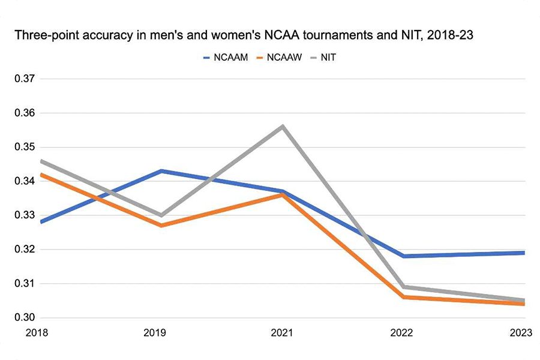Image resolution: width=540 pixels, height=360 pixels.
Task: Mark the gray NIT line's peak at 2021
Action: click(282, 126)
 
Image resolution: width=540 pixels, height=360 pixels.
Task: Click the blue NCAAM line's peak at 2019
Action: click(161, 171)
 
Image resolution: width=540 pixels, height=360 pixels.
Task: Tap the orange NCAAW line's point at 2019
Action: click(161, 226)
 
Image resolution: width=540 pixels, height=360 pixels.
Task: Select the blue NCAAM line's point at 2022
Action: click(403, 256)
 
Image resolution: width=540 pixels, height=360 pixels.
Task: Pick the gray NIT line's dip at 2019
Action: click(161, 215)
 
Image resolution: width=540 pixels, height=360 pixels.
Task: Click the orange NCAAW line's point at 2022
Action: click(403, 297)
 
